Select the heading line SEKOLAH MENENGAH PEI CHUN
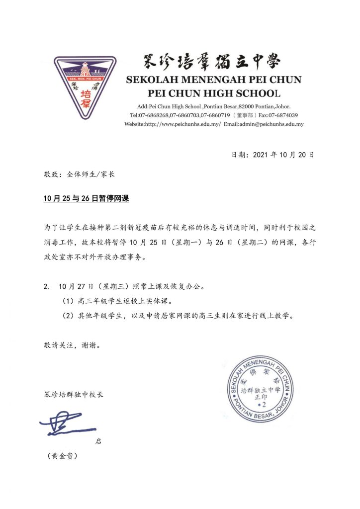(x=213, y=80)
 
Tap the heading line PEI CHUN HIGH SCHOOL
(x=214, y=93)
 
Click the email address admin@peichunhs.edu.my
(x=271, y=124)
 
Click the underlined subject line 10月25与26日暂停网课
(x=86, y=198)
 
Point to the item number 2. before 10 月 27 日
(x=46, y=287)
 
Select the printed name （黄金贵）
(x=61, y=456)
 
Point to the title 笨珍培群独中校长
(x=74, y=395)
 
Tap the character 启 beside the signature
(x=98, y=441)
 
